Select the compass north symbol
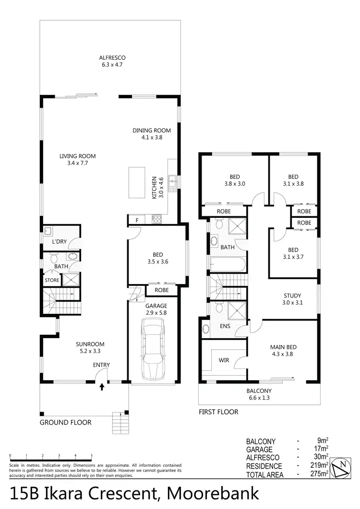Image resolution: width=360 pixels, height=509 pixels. click(342, 467)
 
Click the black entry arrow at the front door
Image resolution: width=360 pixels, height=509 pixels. click(101, 386)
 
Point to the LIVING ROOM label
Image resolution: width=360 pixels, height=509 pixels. click(78, 156)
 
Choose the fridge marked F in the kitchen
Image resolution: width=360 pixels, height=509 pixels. click(137, 220)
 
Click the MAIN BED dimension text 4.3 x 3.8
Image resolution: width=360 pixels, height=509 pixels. click(282, 354)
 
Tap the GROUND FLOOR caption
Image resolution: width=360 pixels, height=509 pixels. click(66, 423)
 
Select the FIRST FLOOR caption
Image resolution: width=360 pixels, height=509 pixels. click(218, 412)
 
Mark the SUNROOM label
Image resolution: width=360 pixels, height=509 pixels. click(90, 344)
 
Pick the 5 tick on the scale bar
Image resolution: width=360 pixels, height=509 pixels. click(91, 456)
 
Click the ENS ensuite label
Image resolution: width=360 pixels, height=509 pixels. click(225, 326)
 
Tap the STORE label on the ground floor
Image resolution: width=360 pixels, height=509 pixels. click(52, 280)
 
